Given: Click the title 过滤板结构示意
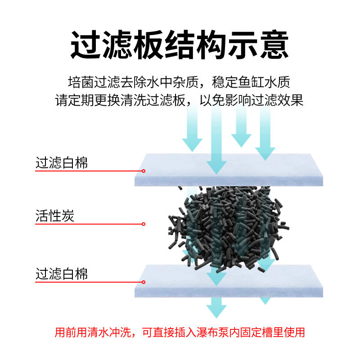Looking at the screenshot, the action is click(x=180, y=44).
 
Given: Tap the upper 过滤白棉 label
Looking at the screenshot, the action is click(x=62, y=162).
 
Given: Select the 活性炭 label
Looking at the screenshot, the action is click(x=55, y=216).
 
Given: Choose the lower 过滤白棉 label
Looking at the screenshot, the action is click(x=62, y=274).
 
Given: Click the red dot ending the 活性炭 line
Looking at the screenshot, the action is click(x=144, y=224).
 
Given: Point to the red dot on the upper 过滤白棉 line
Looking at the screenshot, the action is click(x=144, y=171).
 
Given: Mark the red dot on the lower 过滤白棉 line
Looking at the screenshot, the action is click(x=144, y=282).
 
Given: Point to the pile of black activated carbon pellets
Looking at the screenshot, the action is click(x=225, y=225).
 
